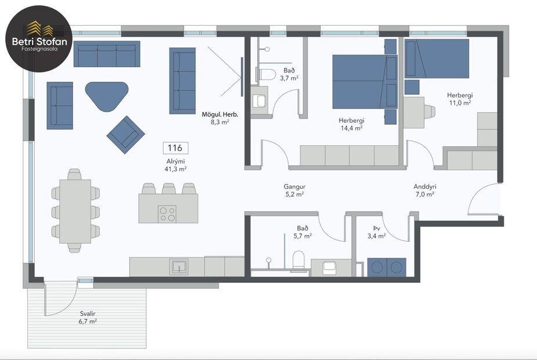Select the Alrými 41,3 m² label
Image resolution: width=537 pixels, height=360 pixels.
(175, 164)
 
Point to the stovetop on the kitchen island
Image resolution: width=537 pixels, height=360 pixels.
(168, 214)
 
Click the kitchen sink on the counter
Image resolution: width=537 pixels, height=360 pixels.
(179, 267)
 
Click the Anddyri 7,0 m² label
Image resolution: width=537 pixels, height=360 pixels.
(424, 190)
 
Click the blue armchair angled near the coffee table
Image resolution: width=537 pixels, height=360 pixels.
(126, 135)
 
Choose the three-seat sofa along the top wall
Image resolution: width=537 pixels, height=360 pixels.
(107, 54)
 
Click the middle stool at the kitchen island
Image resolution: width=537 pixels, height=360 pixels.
(169, 189)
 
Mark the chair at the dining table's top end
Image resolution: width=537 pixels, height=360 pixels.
(74, 174)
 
